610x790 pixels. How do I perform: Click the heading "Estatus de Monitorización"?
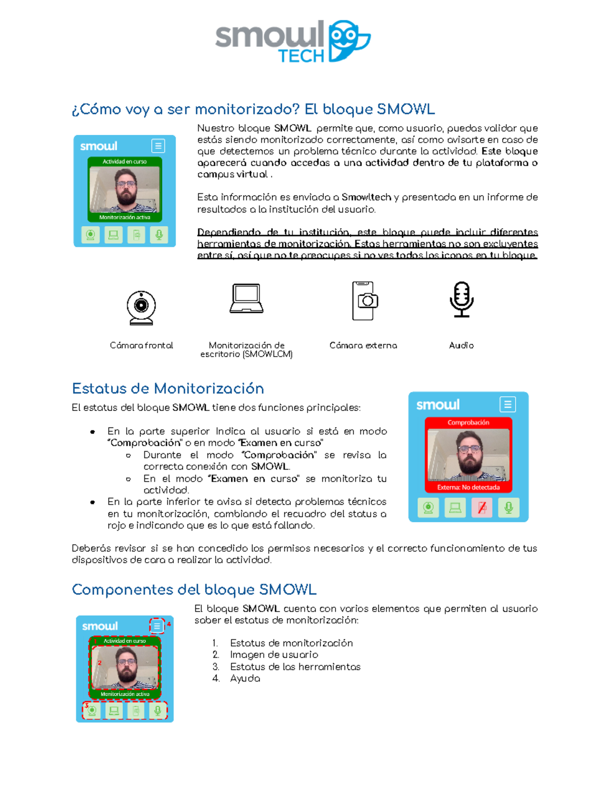tap(168, 389)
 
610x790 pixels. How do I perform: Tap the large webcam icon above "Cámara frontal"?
tap(141, 307)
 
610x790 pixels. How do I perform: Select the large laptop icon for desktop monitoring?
tap(247, 298)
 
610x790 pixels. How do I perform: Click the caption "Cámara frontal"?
tap(141, 345)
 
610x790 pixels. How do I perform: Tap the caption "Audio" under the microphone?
tap(462, 345)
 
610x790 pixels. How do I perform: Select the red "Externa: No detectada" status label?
tap(468, 487)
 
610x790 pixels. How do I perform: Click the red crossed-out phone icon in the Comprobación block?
tap(482, 508)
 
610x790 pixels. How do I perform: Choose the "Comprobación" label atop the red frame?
tap(468, 423)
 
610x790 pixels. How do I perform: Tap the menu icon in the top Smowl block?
tap(158, 146)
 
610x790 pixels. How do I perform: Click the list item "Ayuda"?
tap(245, 679)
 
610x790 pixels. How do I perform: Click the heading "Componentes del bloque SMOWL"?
tap(194, 590)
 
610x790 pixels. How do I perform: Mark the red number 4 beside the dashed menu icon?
tap(169, 624)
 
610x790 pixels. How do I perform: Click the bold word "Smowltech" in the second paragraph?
tap(366, 197)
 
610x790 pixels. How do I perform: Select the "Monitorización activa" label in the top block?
tap(125, 217)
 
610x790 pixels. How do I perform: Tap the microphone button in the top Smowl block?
tap(159, 235)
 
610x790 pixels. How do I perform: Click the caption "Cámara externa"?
tap(363, 345)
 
